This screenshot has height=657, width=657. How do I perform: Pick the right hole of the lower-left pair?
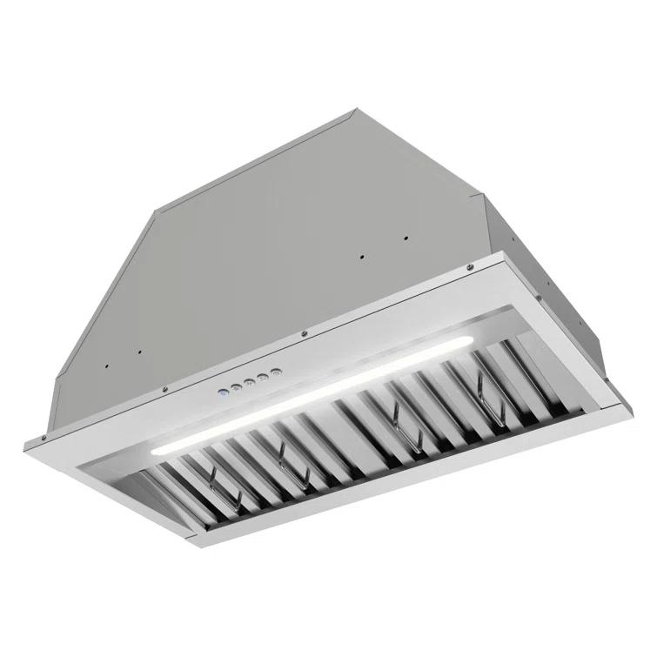(x=137, y=352)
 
